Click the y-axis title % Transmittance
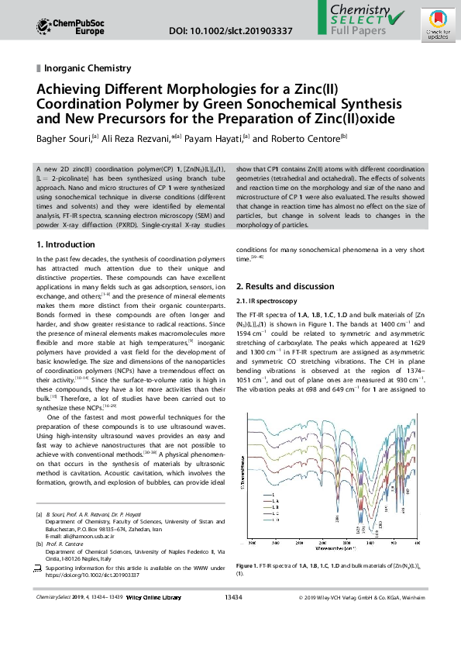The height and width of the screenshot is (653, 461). pyautogui.click(x=243, y=480)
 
